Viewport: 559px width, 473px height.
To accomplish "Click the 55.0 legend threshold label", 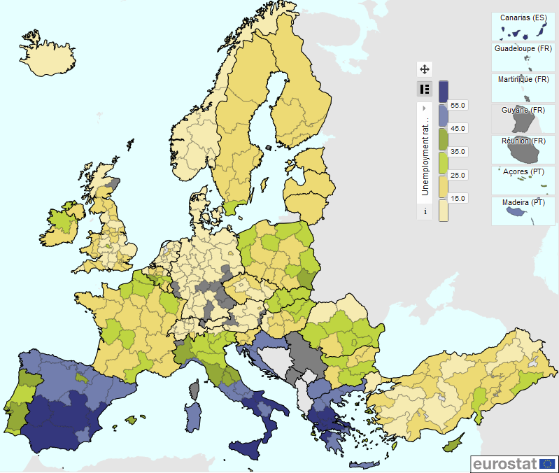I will (458, 105).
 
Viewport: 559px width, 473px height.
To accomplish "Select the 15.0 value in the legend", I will (458, 199).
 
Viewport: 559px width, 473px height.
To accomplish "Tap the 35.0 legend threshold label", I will (458, 152).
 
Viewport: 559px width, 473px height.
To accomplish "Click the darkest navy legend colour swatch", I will (444, 82).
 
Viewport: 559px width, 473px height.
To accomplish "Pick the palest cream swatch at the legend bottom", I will (444, 210).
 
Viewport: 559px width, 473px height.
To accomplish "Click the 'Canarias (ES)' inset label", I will (523, 17).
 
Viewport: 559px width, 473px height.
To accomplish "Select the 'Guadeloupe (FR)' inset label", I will (523, 49).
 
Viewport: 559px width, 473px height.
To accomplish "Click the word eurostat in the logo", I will (503, 463).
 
